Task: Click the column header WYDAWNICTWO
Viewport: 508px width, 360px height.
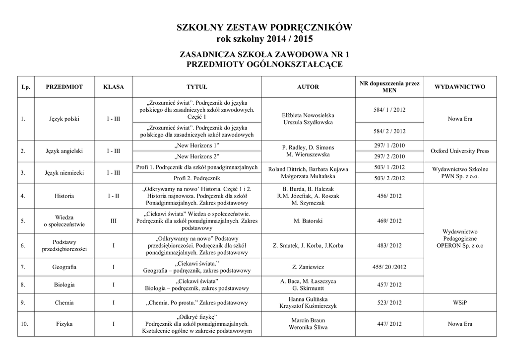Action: (459, 87)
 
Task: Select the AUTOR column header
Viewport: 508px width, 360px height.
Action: (308, 87)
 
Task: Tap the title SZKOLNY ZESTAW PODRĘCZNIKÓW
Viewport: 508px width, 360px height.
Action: (264, 28)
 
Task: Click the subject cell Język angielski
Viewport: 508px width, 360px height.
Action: (64, 151)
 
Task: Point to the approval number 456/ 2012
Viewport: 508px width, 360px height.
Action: (389, 196)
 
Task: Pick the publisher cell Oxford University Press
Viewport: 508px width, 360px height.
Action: (459, 151)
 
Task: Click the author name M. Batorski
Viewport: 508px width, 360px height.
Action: (308, 221)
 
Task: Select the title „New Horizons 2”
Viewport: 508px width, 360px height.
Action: (197, 156)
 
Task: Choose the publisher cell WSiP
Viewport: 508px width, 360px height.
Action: (459, 302)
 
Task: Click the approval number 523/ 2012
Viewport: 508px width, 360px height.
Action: (389, 302)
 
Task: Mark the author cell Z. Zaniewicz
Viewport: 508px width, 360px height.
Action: (308, 267)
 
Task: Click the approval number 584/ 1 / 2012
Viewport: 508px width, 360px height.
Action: (389, 109)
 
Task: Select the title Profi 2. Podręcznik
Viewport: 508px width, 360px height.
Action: (197, 178)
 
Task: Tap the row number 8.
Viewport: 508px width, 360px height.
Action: (23, 285)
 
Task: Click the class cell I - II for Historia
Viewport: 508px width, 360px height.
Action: (113, 196)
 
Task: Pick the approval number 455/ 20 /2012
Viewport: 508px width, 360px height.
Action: (389, 267)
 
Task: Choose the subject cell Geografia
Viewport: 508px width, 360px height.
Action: (64, 267)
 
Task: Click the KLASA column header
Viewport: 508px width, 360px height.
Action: (113, 87)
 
